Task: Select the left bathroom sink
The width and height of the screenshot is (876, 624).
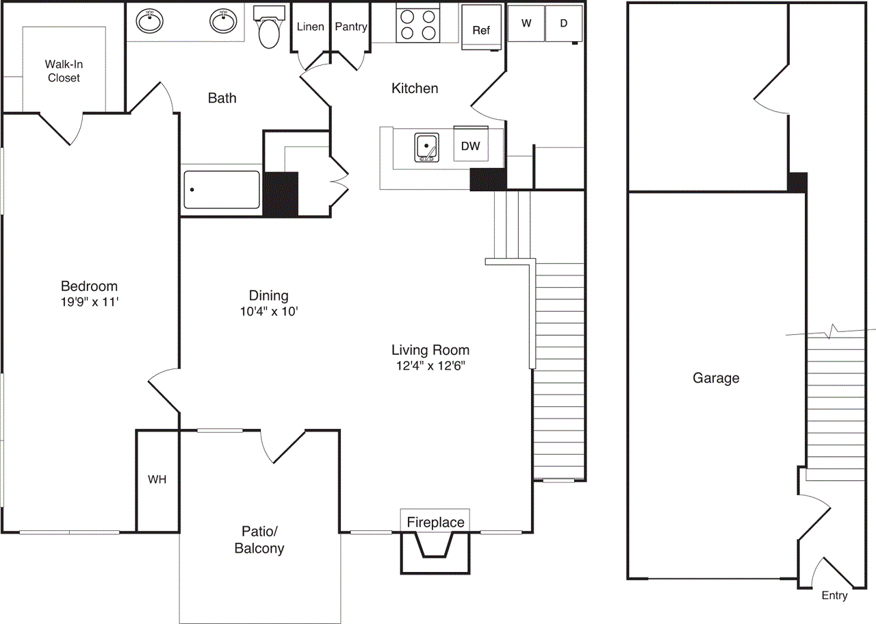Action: point(150,22)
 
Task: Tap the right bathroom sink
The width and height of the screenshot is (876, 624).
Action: point(222,22)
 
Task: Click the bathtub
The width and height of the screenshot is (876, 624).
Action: point(222,190)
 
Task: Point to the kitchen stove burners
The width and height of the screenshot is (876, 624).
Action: point(417,24)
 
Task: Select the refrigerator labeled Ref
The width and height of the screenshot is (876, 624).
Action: point(481,30)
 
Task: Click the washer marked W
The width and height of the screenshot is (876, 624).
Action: point(526,23)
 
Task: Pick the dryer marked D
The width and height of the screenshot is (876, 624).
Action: point(564,23)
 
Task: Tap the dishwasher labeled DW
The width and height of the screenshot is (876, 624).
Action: point(469,145)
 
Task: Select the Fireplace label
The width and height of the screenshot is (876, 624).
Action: point(435,523)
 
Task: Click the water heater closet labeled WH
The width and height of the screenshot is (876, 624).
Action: point(157,479)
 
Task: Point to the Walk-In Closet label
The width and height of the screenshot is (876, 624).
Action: point(63,71)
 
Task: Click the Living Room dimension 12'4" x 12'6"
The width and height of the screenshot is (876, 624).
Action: point(430,365)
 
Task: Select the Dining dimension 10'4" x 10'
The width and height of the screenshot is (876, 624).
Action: point(268,310)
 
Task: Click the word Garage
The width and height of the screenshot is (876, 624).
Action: point(716,378)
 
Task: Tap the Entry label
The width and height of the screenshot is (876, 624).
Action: point(834,595)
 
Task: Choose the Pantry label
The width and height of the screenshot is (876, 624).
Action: point(351,27)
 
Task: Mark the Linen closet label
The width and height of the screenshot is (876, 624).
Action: point(310,27)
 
